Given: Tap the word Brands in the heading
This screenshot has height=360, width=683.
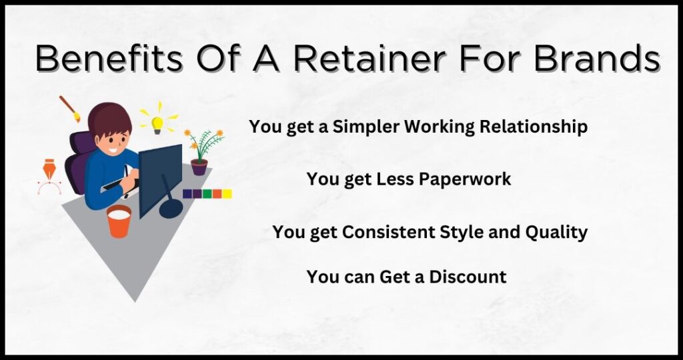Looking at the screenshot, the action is (597, 58).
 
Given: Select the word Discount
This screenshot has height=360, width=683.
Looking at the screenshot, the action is (468, 277).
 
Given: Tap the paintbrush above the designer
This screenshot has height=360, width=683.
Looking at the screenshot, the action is (70, 109).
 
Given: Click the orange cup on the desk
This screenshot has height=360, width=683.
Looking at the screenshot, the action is (119, 221).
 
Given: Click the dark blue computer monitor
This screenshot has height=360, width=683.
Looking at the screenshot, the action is (161, 179).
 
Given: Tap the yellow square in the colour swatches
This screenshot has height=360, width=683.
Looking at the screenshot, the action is (227, 194).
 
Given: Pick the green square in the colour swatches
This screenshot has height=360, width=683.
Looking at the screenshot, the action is (207, 194).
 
